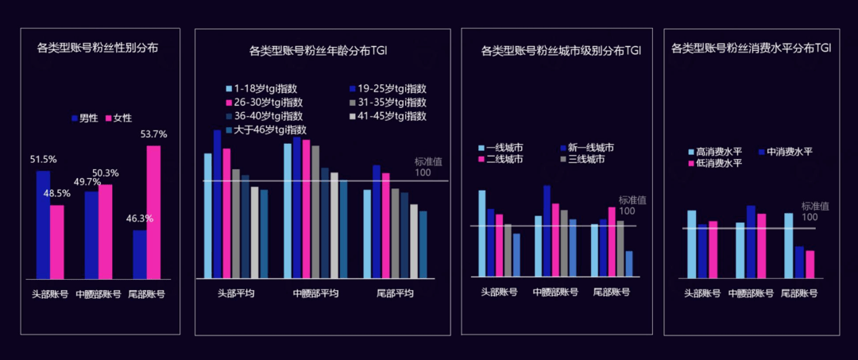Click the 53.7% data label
[x=153, y=134]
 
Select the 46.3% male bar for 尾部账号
[x=140, y=254]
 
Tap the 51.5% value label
[x=44, y=159]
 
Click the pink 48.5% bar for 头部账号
[x=57, y=242]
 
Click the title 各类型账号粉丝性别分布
[x=98, y=48]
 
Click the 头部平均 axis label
[x=237, y=293]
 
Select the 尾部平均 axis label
[x=395, y=293]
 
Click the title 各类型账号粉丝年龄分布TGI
[x=324, y=52]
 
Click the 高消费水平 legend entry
[x=714, y=152]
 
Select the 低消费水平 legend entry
[x=714, y=163]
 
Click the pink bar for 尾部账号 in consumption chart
[x=810, y=264]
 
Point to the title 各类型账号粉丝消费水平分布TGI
[x=751, y=48]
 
